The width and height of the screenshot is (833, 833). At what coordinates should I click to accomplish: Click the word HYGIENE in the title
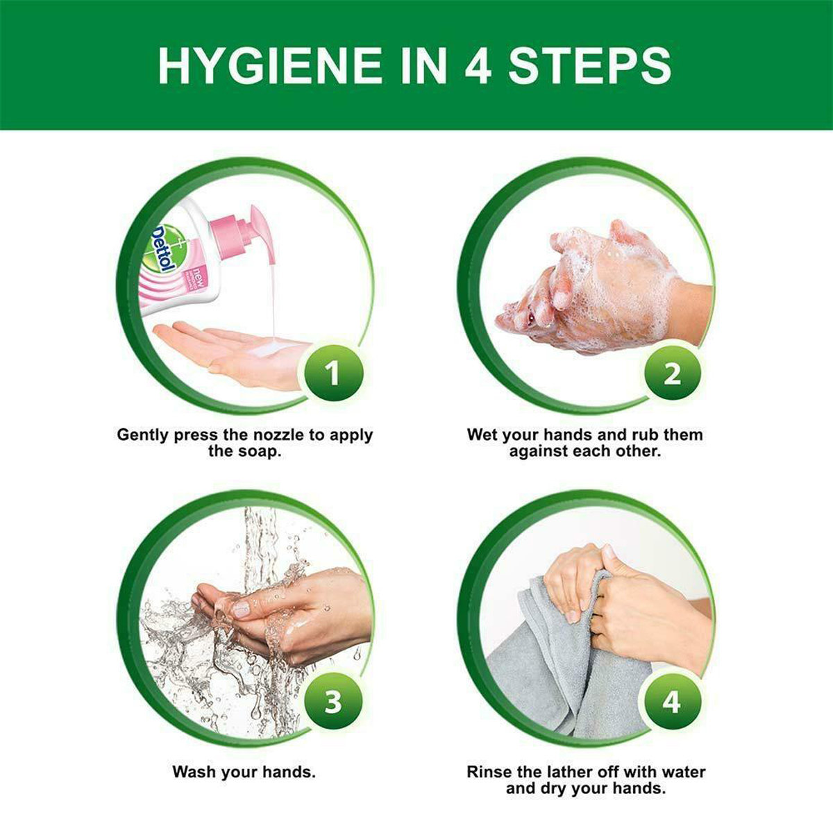pos(270,65)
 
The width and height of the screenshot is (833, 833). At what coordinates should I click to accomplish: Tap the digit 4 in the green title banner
pos(478,65)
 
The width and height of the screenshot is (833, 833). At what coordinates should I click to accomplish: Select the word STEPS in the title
pos(589,65)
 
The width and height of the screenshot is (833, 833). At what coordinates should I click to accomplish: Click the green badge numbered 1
pos(333,373)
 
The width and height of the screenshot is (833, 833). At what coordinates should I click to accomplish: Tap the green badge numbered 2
pos(672,373)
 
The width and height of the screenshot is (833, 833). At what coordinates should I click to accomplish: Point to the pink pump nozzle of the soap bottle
pos(249,235)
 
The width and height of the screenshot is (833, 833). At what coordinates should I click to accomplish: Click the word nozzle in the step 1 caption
pos(274,435)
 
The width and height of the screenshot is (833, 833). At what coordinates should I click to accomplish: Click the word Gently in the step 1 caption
pos(142,435)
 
